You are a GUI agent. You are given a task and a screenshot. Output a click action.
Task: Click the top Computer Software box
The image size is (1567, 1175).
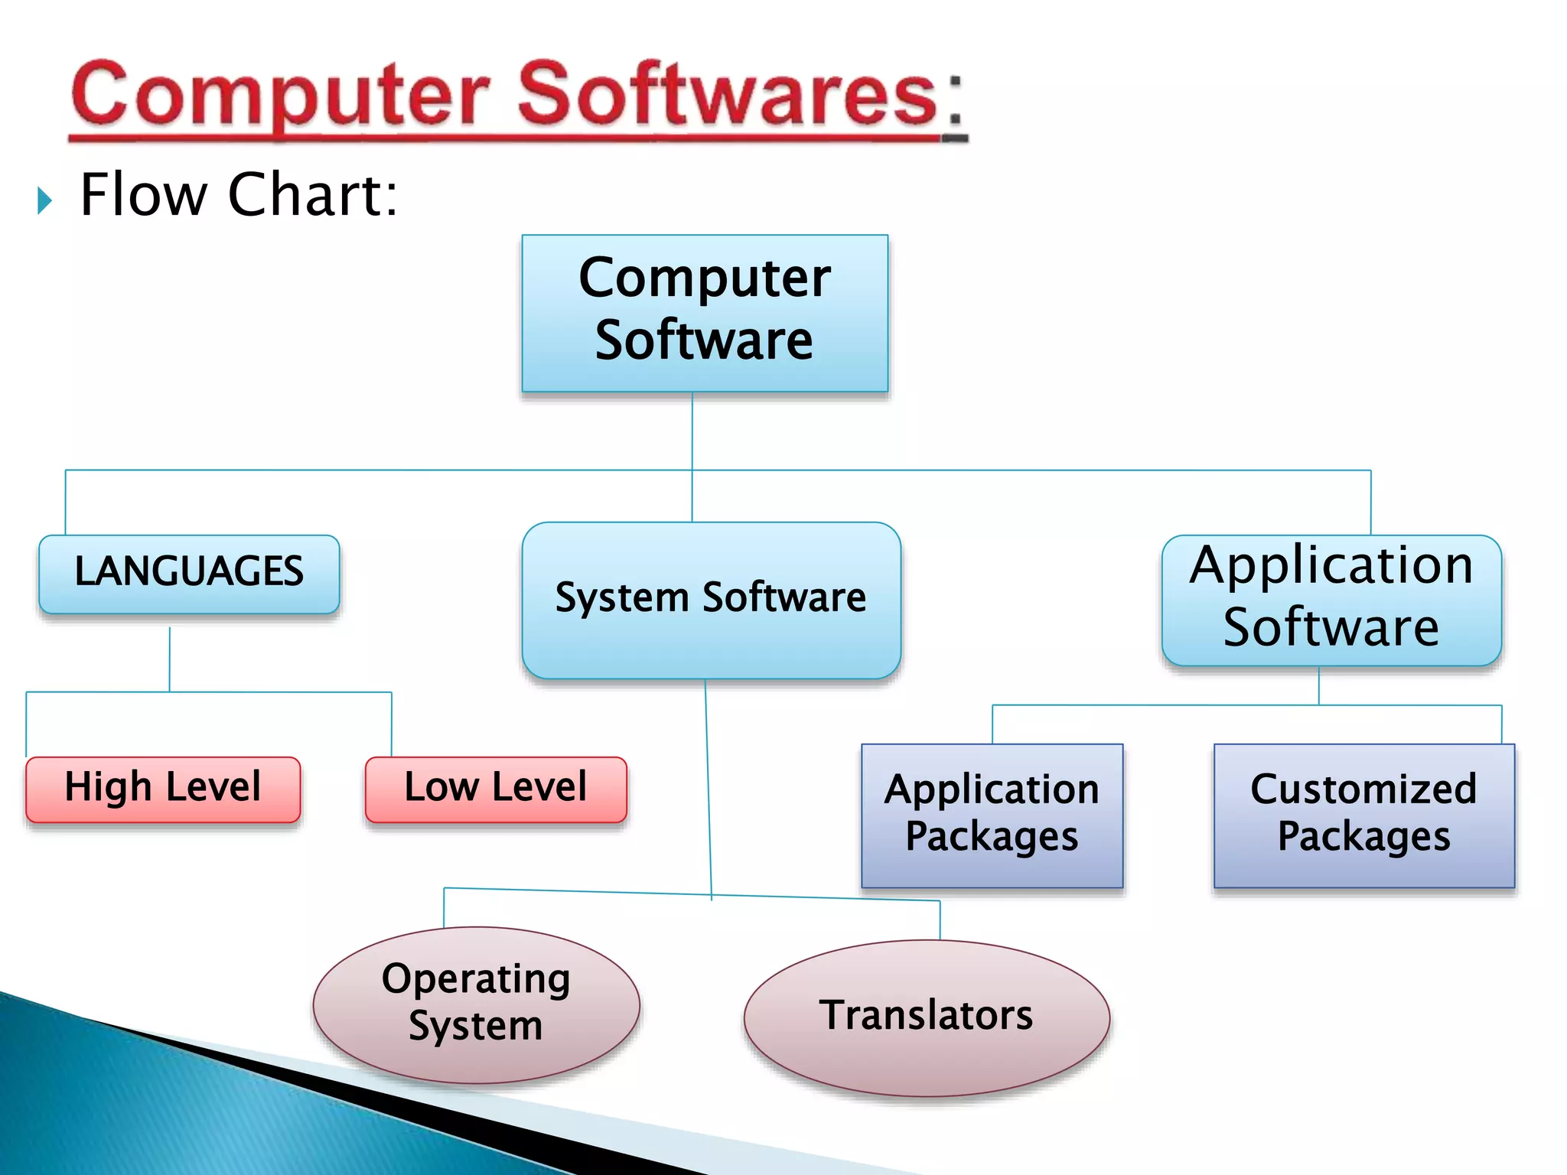pyautogui.click(x=704, y=314)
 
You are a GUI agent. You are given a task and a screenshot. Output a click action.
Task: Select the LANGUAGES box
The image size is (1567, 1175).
pyautogui.click(x=189, y=574)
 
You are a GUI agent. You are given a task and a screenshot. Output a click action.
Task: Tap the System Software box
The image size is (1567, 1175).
pyautogui.click(x=711, y=600)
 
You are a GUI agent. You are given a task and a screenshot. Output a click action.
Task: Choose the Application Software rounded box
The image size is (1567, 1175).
pyautogui.click(x=1331, y=600)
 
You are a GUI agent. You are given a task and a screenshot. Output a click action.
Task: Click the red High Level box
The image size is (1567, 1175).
pyautogui.click(x=163, y=789)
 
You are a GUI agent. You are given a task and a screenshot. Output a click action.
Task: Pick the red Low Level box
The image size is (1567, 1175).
pyautogui.click(x=496, y=789)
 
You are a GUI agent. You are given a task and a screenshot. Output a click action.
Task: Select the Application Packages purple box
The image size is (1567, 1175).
pyautogui.click(x=992, y=815)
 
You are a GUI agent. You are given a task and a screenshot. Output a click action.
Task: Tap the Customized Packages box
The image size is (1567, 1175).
pyautogui.click(x=1363, y=815)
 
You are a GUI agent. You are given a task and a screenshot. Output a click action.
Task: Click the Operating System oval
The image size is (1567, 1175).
pyautogui.click(x=476, y=1004)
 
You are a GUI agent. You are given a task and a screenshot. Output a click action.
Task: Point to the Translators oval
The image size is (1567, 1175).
pyautogui.click(x=926, y=1017)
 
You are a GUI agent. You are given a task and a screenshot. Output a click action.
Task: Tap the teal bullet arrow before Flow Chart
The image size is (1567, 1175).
pyautogui.click(x=44, y=200)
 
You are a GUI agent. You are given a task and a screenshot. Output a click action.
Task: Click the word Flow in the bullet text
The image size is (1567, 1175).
pyautogui.click(x=143, y=195)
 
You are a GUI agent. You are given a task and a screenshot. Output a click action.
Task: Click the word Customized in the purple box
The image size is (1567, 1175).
pyautogui.click(x=1363, y=789)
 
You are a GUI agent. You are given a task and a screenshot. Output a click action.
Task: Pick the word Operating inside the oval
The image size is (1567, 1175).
pyautogui.click(x=476, y=980)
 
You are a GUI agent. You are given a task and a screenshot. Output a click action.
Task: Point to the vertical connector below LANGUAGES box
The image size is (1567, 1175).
pyautogui.click(x=170, y=659)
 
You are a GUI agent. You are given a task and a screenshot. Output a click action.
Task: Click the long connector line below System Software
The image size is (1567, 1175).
pyautogui.click(x=708, y=788)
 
